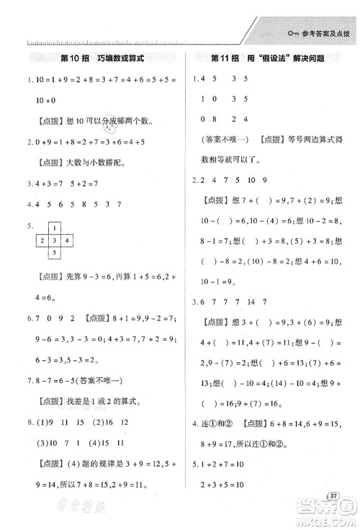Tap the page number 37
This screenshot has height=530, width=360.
[x=333, y=497]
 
